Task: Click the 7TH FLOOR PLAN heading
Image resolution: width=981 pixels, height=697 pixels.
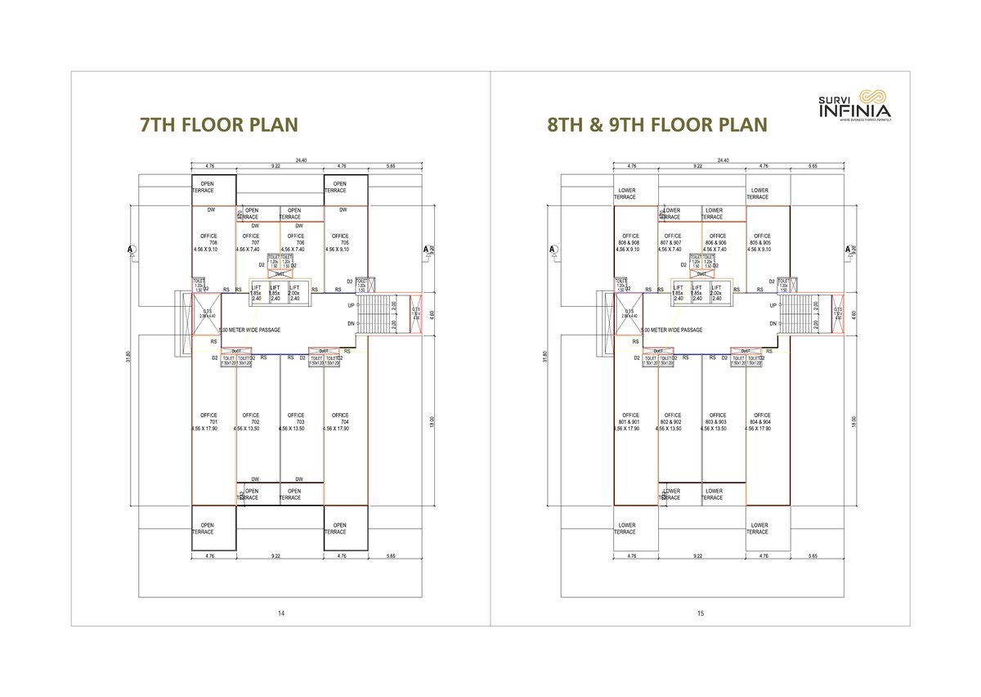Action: (x=218, y=124)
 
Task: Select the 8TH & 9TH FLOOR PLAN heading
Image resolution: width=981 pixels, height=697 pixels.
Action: (x=657, y=124)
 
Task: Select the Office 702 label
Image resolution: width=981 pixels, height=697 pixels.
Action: (x=251, y=421)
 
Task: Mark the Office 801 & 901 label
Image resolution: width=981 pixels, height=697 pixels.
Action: (x=630, y=421)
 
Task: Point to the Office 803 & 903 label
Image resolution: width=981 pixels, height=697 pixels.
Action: (x=717, y=421)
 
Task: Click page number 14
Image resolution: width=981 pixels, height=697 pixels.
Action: (x=280, y=613)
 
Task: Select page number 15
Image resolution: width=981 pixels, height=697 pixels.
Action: (x=701, y=613)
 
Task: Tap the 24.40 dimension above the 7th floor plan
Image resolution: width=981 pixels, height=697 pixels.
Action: (x=303, y=160)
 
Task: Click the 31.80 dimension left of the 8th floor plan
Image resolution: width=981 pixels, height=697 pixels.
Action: (x=545, y=357)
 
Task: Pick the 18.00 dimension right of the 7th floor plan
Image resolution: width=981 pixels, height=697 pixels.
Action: (x=432, y=420)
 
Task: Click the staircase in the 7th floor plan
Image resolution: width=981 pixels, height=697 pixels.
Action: (x=378, y=314)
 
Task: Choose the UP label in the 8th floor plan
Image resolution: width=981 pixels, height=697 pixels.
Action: (x=773, y=305)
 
